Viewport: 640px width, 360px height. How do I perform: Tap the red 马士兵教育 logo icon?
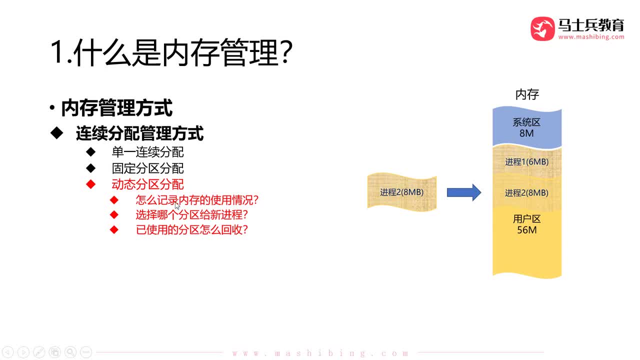pos(542,28)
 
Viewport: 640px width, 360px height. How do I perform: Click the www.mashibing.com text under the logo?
pos(591,37)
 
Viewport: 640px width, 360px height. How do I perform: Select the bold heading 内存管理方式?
pos(116,108)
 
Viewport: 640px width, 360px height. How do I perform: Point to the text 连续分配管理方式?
pos(139,133)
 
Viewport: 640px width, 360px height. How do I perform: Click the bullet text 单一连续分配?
pos(147,152)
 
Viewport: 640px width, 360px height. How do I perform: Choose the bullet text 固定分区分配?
pos(147,168)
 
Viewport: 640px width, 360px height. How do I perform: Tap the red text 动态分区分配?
pos(147,184)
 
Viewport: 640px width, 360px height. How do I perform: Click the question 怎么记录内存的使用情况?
pos(197,200)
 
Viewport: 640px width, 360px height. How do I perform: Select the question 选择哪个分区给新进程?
pos(192,215)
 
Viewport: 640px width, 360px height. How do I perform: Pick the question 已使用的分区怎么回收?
pos(192,230)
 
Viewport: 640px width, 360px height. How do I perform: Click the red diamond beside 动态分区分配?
pos(90,184)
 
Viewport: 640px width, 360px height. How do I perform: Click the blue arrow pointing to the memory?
pos(463,192)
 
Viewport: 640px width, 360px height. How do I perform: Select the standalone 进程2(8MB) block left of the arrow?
pos(401,192)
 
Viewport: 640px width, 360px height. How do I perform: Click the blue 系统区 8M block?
pos(526,128)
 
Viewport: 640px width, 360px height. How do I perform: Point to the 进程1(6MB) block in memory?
pos(526,162)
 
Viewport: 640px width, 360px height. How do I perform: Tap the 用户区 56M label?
pos(526,224)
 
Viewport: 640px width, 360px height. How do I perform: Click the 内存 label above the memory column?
pos(527,94)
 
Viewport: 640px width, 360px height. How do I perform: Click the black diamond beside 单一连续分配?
pos(90,152)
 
